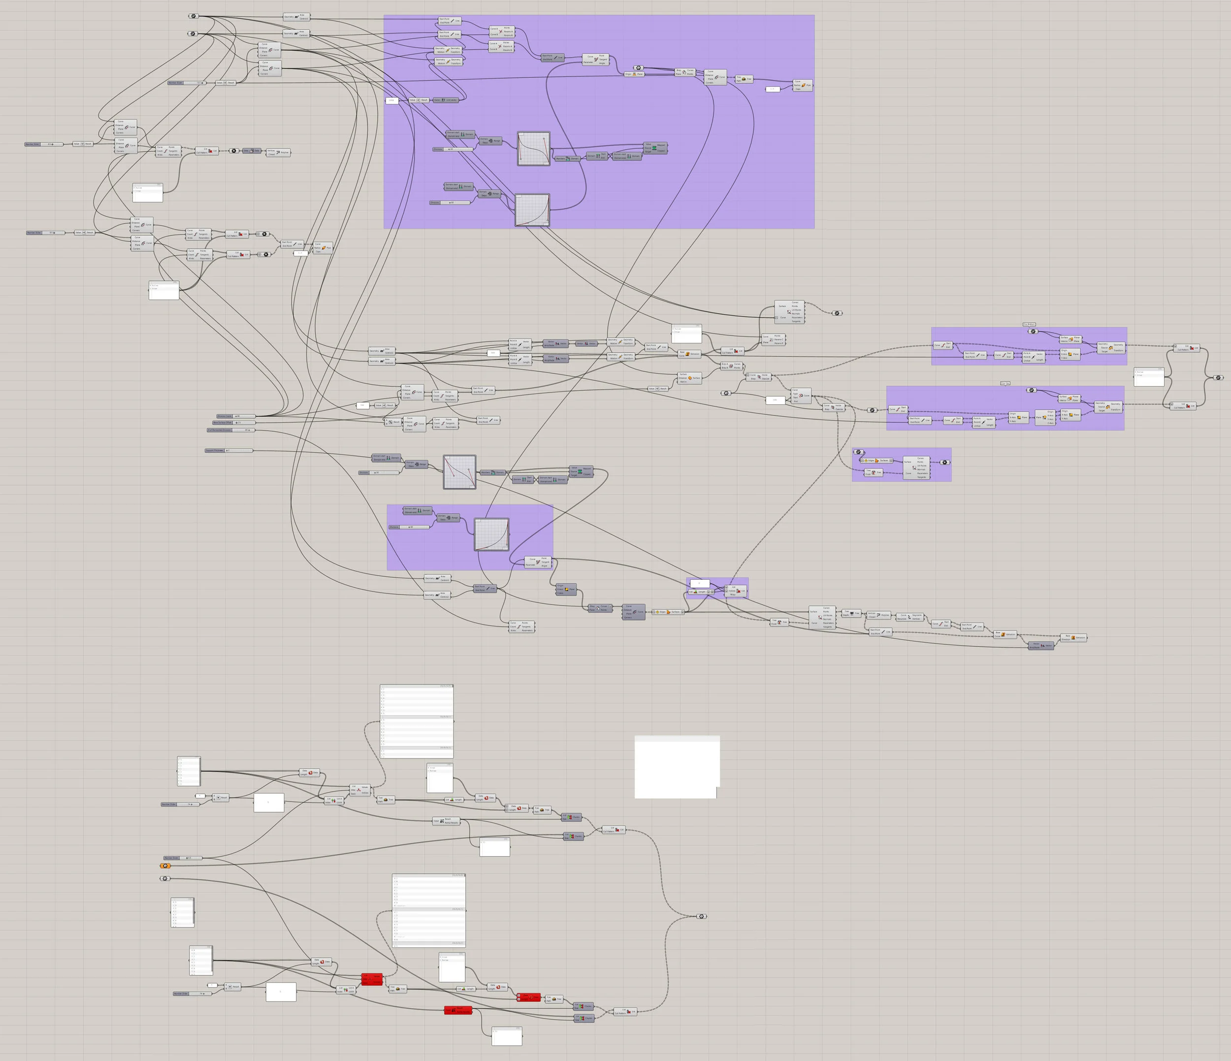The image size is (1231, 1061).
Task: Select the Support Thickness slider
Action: click(x=229, y=451)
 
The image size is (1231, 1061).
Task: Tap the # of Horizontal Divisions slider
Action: click(x=230, y=430)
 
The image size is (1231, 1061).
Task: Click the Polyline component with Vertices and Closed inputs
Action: click(x=279, y=152)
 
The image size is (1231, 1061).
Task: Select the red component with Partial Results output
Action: click(x=458, y=1010)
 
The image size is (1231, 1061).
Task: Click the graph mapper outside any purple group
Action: click(x=459, y=472)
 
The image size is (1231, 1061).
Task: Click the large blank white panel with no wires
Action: click(x=677, y=767)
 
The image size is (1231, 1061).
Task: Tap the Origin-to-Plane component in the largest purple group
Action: click(x=635, y=74)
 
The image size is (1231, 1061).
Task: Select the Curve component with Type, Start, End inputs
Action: click(x=801, y=395)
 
